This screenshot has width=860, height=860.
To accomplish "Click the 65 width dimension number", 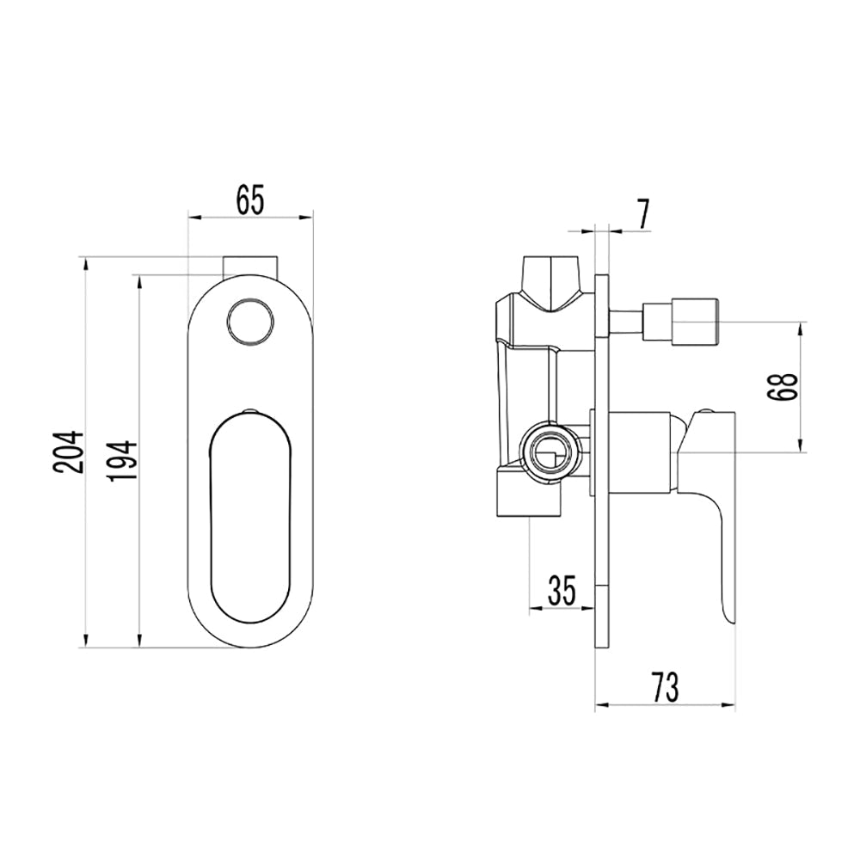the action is tap(250, 200).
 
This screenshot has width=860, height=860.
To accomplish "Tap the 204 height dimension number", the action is tap(69, 452).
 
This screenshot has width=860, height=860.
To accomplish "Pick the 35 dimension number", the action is tap(562, 591).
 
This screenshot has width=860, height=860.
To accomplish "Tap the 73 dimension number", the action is tap(666, 687).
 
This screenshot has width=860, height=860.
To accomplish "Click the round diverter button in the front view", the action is tap(250, 322).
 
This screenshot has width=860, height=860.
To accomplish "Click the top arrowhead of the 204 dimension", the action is tap(85, 264).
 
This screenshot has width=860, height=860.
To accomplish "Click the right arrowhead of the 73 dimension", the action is tap(729, 705).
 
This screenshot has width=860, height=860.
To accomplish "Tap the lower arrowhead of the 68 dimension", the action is tap(801, 445).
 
